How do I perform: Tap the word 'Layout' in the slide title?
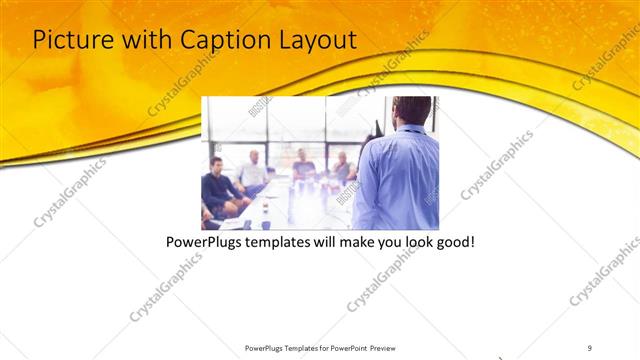(x=318, y=40)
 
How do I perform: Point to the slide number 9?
(x=590, y=348)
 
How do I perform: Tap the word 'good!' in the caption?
(x=453, y=243)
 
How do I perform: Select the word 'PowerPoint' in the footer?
(x=346, y=348)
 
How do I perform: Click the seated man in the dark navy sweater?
(x=218, y=188)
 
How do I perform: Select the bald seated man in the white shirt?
(x=255, y=172)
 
